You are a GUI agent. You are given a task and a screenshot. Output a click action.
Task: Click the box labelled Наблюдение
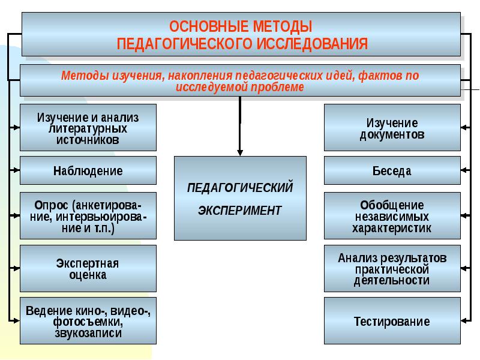88,170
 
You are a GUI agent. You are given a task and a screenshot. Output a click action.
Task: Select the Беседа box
392,170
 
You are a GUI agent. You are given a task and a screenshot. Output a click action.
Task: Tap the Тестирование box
392,321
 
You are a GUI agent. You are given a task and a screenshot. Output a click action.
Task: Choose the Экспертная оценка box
88,269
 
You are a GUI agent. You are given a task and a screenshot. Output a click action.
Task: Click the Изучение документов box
392,128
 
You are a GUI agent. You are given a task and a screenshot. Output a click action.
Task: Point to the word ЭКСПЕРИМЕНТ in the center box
240,211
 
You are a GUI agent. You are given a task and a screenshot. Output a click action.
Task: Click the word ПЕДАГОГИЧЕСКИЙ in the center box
240,187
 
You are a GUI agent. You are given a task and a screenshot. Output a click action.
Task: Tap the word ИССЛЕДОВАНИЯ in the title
313,44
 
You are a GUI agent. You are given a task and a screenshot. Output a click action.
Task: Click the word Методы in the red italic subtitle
85,76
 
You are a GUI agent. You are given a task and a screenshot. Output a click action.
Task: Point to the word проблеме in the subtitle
282,88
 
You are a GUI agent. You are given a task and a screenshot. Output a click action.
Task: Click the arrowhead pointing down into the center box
240,152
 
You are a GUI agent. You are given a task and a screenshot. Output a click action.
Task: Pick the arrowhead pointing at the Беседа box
464,170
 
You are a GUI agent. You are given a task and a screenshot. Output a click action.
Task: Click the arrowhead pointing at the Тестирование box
464,321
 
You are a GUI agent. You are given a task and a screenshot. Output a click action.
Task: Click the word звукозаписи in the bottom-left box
89,332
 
